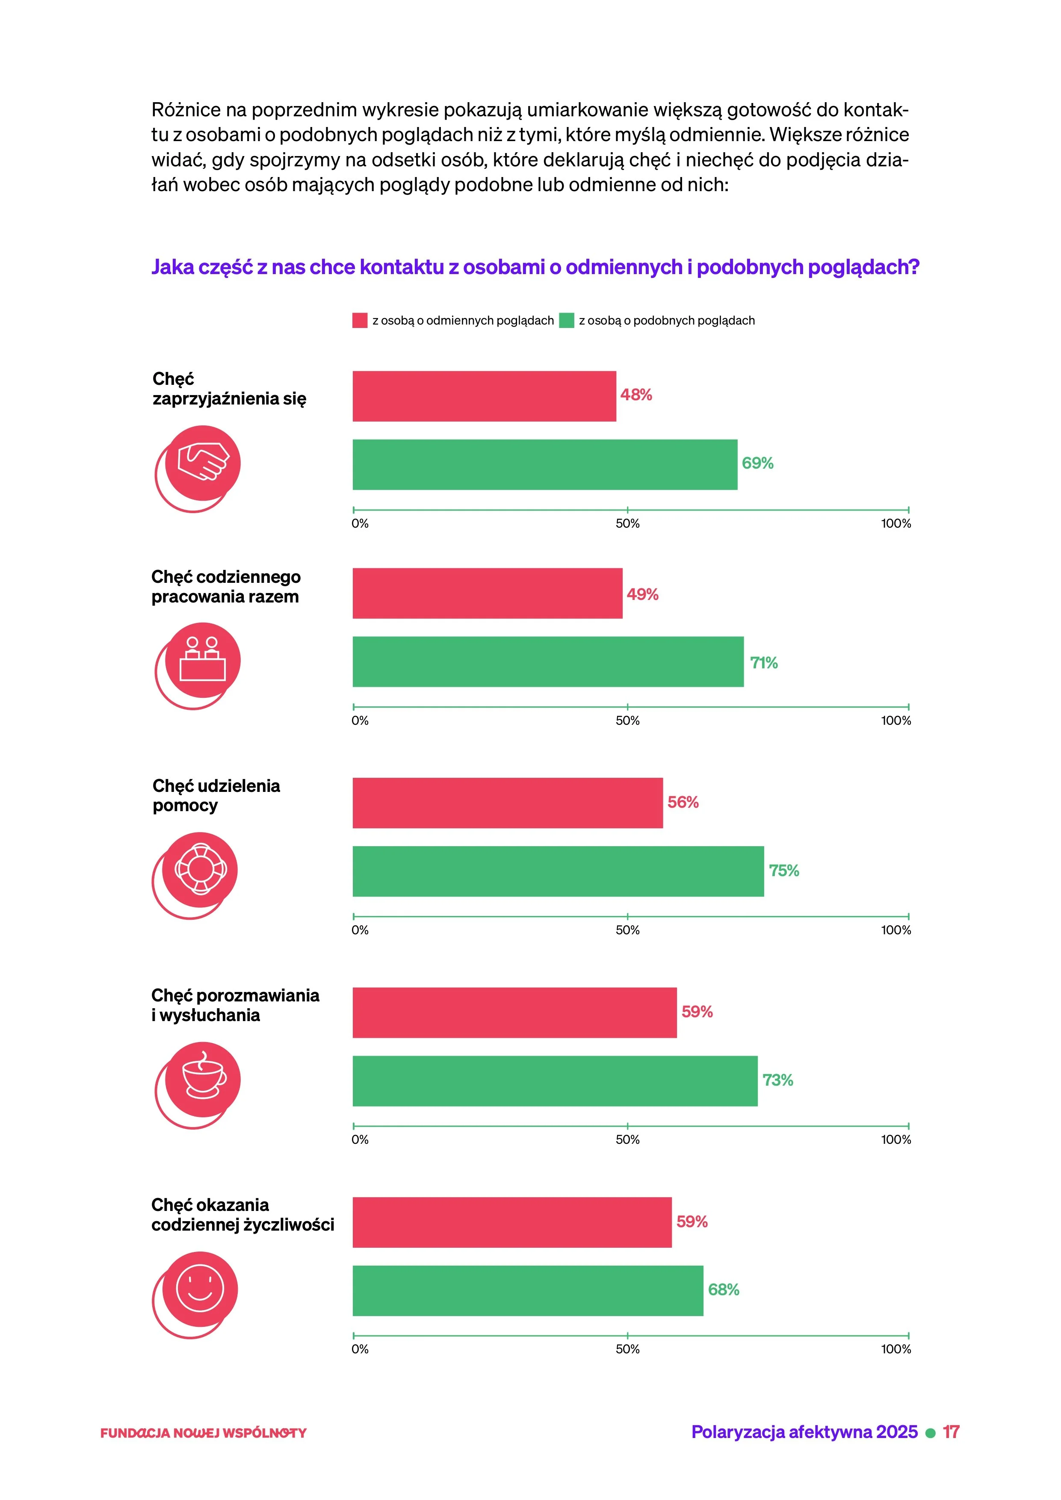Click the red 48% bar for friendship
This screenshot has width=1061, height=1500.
click(x=484, y=396)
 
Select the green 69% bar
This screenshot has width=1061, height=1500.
click(x=545, y=464)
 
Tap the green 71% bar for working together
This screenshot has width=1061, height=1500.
click(x=548, y=662)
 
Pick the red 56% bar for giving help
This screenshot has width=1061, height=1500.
click(x=508, y=803)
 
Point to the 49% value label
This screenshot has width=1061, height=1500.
click(x=642, y=594)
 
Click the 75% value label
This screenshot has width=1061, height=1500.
click(x=784, y=871)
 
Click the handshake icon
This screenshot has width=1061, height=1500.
click(x=203, y=463)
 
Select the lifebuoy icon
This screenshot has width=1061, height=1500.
click(x=200, y=870)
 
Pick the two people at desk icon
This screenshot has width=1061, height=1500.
click(x=203, y=660)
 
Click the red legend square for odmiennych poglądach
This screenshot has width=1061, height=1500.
click(x=360, y=321)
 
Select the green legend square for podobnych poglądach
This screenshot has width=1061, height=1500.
click(x=567, y=321)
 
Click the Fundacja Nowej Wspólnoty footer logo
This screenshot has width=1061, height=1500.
click(x=203, y=1433)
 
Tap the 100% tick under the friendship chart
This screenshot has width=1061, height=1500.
click(x=909, y=510)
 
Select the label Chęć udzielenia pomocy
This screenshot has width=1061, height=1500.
click(x=216, y=796)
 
